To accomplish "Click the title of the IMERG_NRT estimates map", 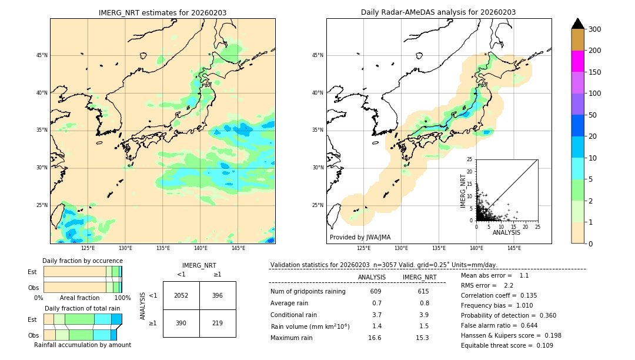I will (x=162, y=12).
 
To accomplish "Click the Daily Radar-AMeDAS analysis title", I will (x=438, y=12).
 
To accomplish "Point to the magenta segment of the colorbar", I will (x=578, y=61).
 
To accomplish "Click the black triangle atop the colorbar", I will (x=578, y=24).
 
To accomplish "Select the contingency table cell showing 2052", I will (x=181, y=295).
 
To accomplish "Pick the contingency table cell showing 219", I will (x=218, y=323).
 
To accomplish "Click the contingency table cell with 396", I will (x=218, y=295).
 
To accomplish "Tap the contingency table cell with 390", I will (x=181, y=323).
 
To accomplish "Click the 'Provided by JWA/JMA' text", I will (x=360, y=237).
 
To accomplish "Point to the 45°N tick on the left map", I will (x=42, y=55).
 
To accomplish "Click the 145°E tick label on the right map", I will (x=514, y=248).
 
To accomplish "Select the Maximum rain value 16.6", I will (x=375, y=338).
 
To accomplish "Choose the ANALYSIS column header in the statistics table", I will (x=372, y=277).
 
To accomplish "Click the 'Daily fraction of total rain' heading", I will (x=82, y=308).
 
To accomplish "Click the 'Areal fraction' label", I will (x=79, y=298).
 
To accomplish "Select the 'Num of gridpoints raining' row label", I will (x=308, y=291).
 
